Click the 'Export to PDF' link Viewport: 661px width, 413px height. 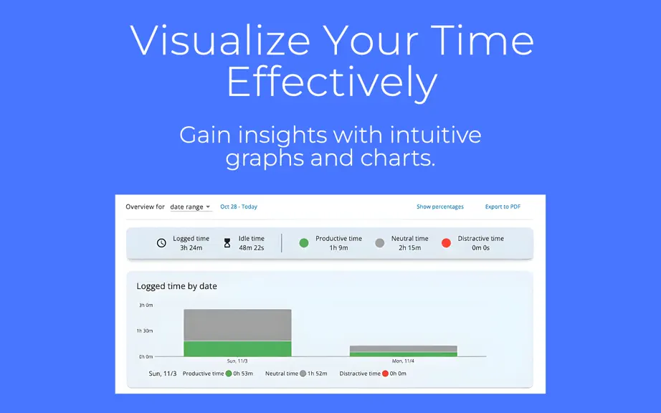pyautogui.click(x=503, y=206)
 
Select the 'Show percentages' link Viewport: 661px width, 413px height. pyautogui.click(x=439, y=206)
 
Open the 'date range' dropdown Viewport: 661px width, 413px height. pyautogui.click(x=190, y=207)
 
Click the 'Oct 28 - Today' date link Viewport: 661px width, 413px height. pyautogui.click(x=239, y=206)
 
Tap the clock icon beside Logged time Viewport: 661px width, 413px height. pyautogui.click(x=161, y=243)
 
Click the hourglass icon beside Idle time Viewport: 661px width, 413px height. pyautogui.click(x=227, y=243)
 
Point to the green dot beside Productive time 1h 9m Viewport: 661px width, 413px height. pyautogui.click(x=303, y=243)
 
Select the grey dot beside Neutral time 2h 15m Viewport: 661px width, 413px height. pyautogui.click(x=380, y=243)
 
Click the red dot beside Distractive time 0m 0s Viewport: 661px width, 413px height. pyautogui.click(x=446, y=243)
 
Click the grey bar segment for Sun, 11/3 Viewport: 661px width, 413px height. pyautogui.click(x=237, y=325)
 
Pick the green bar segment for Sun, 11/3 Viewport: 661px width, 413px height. pyautogui.click(x=237, y=348)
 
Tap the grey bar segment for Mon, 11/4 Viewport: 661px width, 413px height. pyautogui.click(x=404, y=349)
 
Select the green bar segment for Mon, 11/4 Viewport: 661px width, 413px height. pyautogui.click(x=404, y=354)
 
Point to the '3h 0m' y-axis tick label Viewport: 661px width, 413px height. pyautogui.click(x=146, y=305)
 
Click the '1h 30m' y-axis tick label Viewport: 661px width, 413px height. pyautogui.click(x=145, y=331)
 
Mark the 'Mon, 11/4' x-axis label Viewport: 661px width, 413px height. pyautogui.click(x=403, y=361)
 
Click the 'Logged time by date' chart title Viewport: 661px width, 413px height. pyautogui.click(x=176, y=286)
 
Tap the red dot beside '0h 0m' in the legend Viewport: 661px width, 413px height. pyautogui.click(x=385, y=374)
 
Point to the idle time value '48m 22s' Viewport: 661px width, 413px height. pyautogui.click(x=251, y=248)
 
